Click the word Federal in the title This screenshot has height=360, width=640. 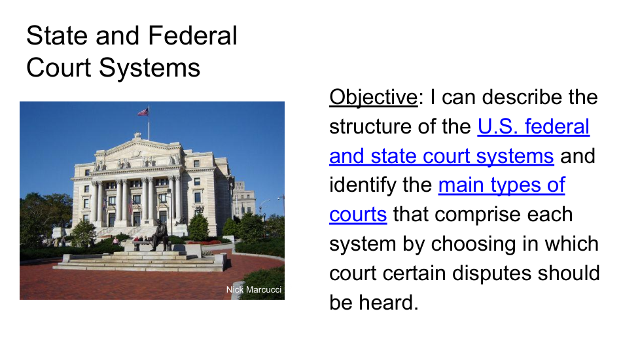pyautogui.click(x=192, y=35)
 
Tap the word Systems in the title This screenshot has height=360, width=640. pyautogui.click(x=149, y=67)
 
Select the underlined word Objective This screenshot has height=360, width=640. pyautogui.click(x=374, y=98)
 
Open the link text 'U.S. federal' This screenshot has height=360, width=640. pyautogui.click(x=533, y=126)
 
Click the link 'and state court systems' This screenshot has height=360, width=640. pyautogui.click(x=442, y=156)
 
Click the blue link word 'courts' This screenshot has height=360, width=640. pyautogui.click(x=358, y=215)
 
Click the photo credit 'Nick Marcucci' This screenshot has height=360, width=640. pyautogui.click(x=254, y=289)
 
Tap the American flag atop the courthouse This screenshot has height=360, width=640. pyautogui.click(x=143, y=112)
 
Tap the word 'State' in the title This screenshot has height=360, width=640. pyautogui.click(x=57, y=35)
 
